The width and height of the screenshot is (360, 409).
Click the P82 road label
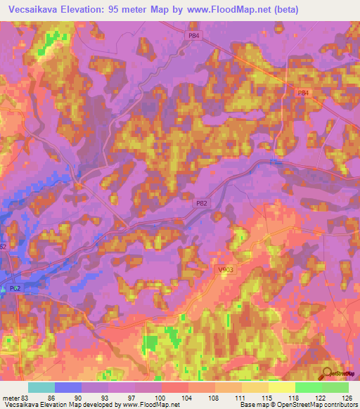tap(202, 202)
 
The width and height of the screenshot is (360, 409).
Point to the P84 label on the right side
tap(303, 92)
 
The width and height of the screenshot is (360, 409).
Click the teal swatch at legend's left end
tap(41, 387)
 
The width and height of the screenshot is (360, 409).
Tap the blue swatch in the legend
tap(67, 387)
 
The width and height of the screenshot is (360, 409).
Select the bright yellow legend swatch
tap(281, 387)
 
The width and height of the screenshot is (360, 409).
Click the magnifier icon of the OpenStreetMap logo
tap(327, 374)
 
